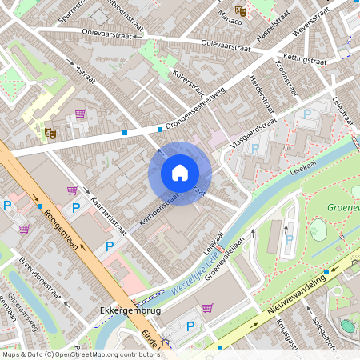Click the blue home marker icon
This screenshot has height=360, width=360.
pos(179,172)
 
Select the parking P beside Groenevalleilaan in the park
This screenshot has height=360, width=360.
pos(289,238)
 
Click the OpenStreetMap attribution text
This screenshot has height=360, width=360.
pos(80,354)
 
